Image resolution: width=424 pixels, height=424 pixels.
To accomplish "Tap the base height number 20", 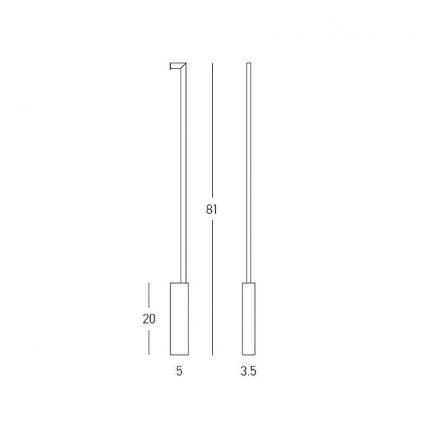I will pyautogui.click(x=149, y=319).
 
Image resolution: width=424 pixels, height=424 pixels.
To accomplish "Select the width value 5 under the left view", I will pyautogui.click(x=179, y=372).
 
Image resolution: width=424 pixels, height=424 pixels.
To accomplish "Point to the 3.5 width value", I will pyautogui.click(x=248, y=372).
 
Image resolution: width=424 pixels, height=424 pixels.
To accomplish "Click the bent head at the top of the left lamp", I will pyautogui.click(x=178, y=66).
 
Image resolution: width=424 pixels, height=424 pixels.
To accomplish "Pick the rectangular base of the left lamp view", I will pyautogui.click(x=179, y=319).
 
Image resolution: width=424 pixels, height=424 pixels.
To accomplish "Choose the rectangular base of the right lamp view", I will pyautogui.click(x=248, y=319).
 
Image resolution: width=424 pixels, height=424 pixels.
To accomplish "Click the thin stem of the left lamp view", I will pyautogui.click(x=183, y=176).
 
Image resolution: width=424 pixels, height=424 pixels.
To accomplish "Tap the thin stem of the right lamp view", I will pyautogui.click(x=248, y=176).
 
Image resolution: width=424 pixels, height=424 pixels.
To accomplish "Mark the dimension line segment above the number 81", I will pyautogui.click(x=212, y=130).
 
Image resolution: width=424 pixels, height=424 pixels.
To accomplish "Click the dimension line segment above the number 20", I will pyautogui.click(x=149, y=297).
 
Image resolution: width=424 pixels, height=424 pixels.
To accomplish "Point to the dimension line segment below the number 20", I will pyautogui.click(x=149, y=341).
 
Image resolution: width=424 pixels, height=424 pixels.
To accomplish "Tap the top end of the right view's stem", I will pyautogui.click(x=248, y=63).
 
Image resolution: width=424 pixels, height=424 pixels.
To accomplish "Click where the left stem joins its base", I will pyautogui.click(x=183, y=282).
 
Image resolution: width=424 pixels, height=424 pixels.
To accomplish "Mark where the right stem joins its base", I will pyautogui.click(x=248, y=282).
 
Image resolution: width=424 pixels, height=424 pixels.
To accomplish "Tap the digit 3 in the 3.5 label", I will pyautogui.click(x=243, y=372).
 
